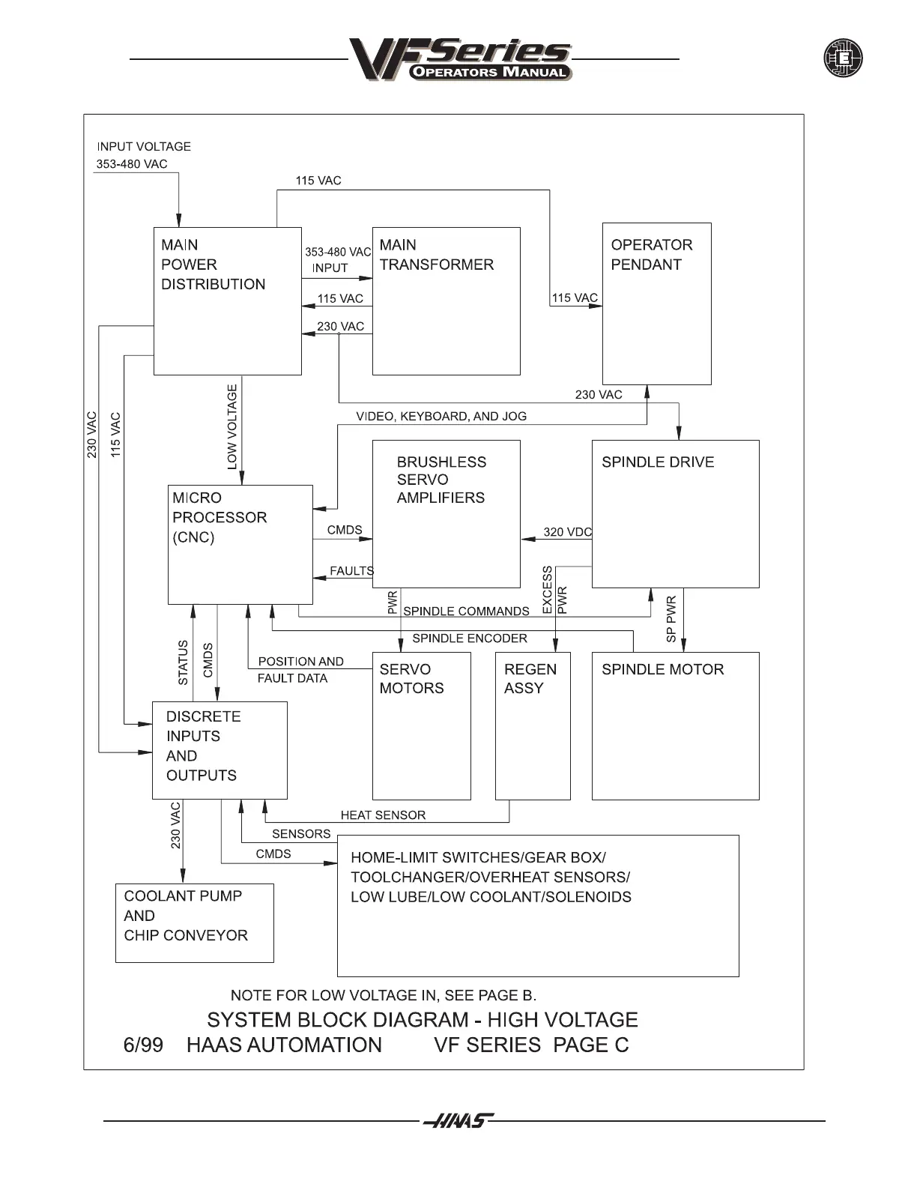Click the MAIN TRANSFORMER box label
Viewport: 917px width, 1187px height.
tap(436, 255)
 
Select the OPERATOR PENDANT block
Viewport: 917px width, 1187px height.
tap(656, 303)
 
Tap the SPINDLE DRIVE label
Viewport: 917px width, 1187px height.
tap(658, 462)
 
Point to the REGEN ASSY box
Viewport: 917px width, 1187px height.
tap(533, 725)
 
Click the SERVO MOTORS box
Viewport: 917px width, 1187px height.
tap(421, 725)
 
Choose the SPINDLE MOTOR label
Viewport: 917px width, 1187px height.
tap(662, 669)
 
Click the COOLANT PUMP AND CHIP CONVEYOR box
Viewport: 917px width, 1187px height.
tap(194, 922)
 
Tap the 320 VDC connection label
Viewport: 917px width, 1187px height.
tap(567, 532)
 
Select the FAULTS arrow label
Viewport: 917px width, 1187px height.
tap(351, 571)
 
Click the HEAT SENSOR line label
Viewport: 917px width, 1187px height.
tap(383, 815)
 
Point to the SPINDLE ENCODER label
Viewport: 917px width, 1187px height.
tap(470, 638)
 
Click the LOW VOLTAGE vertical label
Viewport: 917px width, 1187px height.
tap(232, 427)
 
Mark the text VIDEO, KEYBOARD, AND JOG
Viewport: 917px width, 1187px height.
tap(441, 417)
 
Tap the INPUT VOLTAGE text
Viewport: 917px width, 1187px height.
tap(144, 147)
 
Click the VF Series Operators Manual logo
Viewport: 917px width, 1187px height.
tap(460, 59)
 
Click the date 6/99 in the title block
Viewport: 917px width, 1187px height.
tap(142, 1045)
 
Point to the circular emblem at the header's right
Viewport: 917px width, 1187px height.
tap(843, 58)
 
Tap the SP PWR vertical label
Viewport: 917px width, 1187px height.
tap(671, 619)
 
